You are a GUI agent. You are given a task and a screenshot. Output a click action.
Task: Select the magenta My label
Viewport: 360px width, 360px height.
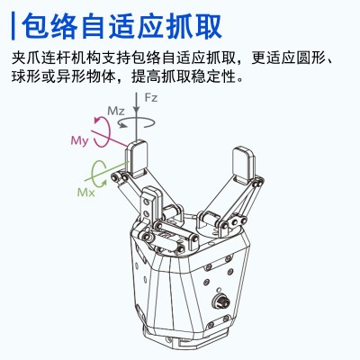click(80, 142)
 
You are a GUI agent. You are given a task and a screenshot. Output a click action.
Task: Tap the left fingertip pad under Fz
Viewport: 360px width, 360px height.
click(136, 157)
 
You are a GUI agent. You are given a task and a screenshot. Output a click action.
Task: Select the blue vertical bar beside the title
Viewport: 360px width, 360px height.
click(15, 23)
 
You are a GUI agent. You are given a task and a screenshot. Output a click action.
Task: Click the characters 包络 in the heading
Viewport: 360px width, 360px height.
click(57, 23)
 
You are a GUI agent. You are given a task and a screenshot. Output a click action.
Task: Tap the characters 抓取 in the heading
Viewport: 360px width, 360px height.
click(193, 23)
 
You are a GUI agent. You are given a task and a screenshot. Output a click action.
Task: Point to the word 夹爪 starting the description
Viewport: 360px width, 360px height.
click(28, 59)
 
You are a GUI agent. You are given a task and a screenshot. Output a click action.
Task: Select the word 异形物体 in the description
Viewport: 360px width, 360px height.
click(94, 79)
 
